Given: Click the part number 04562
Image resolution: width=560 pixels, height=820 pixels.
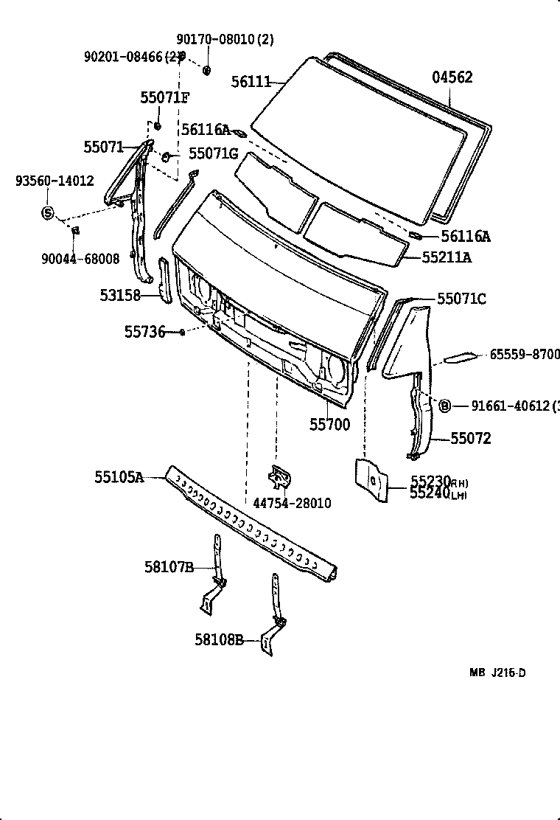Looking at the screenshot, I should tap(452, 77).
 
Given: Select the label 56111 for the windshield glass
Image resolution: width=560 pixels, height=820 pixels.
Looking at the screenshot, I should tap(251, 82).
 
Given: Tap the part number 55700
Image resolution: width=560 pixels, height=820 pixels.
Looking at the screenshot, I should tap(329, 424).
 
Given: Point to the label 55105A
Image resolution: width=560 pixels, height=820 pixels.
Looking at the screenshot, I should tap(119, 477).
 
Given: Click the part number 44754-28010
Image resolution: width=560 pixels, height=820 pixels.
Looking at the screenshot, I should tap(292, 503).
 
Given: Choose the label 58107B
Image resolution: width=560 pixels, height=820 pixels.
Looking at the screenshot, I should tap(169, 566).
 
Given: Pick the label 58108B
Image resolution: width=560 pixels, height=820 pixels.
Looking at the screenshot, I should tap(219, 640).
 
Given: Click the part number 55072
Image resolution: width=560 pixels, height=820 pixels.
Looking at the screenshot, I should tap(471, 439).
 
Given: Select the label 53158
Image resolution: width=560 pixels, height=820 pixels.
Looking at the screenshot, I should tap(121, 296).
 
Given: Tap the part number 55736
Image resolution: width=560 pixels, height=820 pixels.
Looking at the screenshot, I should tap(144, 332).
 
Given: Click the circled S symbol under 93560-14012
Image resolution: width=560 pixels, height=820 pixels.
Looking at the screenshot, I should tap(47, 214).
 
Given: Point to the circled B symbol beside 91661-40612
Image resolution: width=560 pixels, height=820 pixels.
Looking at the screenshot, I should tap(445, 406).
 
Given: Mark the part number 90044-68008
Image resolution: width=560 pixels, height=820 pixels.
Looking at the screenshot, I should tap(80, 258).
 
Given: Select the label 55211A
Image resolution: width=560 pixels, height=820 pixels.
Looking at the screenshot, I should tap(447, 257).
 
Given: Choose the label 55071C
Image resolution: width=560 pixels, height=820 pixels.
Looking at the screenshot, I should tap(461, 299).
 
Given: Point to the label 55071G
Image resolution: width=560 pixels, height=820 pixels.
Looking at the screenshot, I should tap(213, 153).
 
